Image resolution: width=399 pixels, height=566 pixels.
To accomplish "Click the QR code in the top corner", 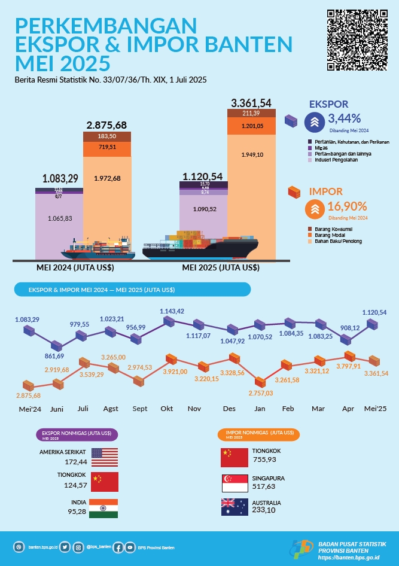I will (x=357, y=39).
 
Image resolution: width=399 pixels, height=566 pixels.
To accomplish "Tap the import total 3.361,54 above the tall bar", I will (x=251, y=103).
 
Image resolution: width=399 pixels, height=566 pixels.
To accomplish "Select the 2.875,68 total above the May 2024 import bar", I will (x=106, y=125).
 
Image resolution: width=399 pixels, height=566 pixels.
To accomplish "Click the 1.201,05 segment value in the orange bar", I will (x=252, y=126).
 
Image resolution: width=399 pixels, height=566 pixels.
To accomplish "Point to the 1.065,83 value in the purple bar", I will (x=59, y=218).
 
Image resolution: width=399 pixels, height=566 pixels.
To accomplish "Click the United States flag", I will (x=104, y=457).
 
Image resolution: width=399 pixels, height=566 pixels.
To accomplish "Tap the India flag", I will (x=104, y=508).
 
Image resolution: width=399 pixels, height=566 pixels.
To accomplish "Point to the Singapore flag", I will (x=234, y=483).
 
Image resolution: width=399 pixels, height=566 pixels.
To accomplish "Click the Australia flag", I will (x=234, y=507).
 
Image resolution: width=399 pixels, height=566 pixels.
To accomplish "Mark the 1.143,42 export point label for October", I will (x=172, y=311).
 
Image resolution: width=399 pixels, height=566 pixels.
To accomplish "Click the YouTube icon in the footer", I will (x=130, y=547).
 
